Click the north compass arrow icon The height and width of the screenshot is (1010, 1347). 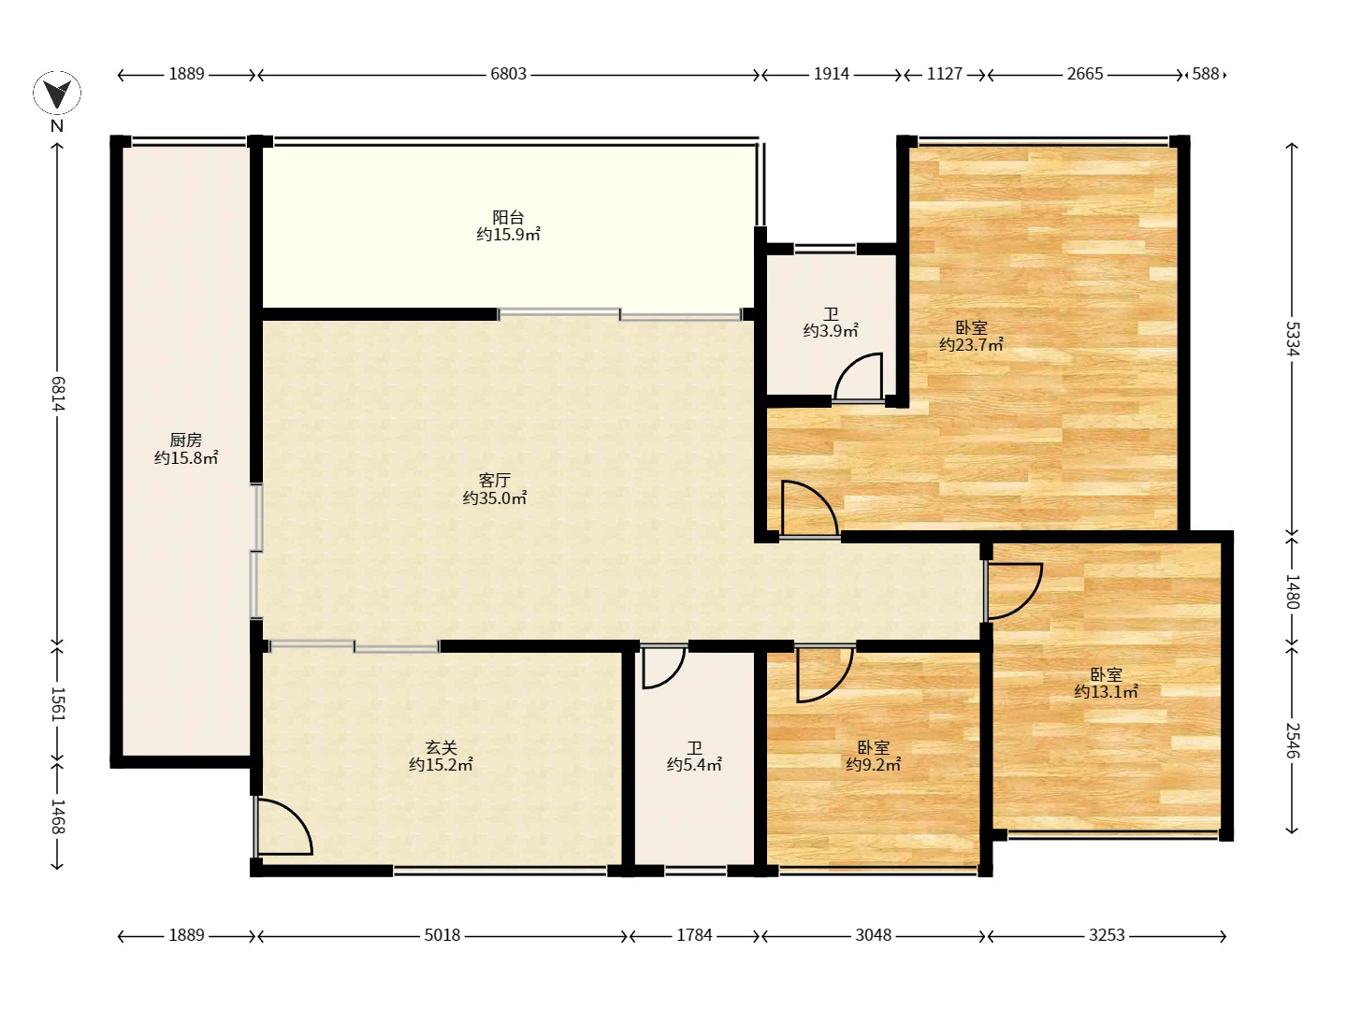[x=57, y=94]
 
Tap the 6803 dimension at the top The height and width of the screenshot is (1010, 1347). [x=508, y=74]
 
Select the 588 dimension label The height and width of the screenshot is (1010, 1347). [x=1205, y=74]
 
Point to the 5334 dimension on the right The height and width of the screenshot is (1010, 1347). [x=1293, y=339]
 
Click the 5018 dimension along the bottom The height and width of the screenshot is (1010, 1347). [x=442, y=935]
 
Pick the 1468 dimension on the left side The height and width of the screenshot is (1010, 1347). [x=57, y=816]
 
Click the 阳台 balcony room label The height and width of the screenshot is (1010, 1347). [x=508, y=217]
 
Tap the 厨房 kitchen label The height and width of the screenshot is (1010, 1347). [x=185, y=440]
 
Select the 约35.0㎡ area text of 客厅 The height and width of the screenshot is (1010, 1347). [x=495, y=498]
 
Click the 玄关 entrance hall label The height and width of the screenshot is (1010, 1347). [x=442, y=747]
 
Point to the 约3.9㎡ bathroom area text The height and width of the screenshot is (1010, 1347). [x=831, y=330]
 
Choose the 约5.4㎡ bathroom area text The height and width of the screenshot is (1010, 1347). [x=695, y=765]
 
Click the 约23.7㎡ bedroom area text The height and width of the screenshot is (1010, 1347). [x=972, y=345]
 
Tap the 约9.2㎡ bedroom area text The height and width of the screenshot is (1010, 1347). [x=874, y=765]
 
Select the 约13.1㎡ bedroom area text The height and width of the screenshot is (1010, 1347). [x=1107, y=692]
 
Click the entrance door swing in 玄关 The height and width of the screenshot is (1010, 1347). [x=282, y=826]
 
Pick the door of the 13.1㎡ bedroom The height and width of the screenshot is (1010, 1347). [x=1013, y=591]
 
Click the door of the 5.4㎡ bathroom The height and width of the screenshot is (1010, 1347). [x=663, y=667]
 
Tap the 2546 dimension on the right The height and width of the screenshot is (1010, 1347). [x=1293, y=740]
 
